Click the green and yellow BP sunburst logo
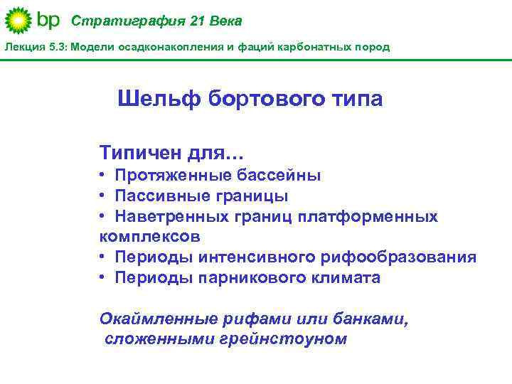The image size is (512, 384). point(18,21)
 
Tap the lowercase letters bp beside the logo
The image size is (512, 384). point(48,21)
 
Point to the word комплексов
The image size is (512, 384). point(149,236)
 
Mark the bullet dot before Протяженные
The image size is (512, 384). point(104,175)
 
